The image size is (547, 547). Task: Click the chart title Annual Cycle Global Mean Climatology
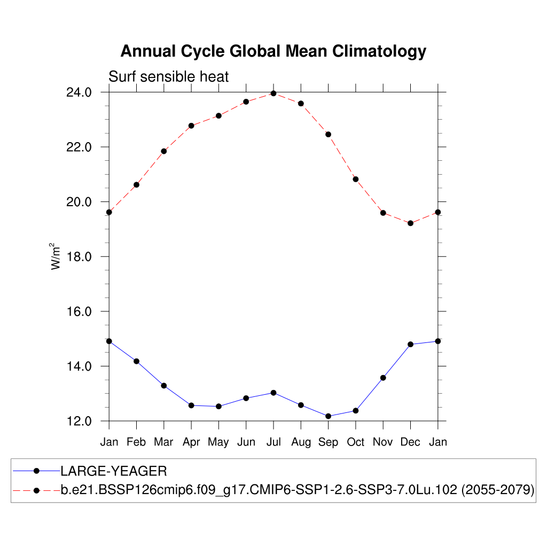tap(273, 51)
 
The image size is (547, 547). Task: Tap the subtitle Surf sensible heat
tap(168, 77)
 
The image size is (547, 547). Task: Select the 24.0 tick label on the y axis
tap(79, 92)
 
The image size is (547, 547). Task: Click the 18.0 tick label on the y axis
tap(79, 257)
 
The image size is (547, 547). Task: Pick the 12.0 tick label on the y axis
tap(79, 421)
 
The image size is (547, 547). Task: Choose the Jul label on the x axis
tap(273, 442)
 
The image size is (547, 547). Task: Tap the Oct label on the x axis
tap(355, 442)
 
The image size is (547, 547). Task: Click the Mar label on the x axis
tap(163, 442)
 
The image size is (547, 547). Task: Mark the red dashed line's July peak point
tap(273, 93)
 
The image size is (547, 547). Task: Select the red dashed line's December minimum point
tap(410, 223)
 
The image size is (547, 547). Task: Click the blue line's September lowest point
tap(328, 416)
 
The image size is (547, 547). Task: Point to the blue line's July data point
tap(273, 393)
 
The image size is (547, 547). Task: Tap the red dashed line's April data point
tap(191, 126)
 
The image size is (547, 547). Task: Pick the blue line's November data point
tap(383, 378)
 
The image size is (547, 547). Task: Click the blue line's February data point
tap(136, 361)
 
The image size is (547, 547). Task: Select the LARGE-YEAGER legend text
tap(114, 471)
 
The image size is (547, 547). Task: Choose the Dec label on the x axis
tap(410, 442)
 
